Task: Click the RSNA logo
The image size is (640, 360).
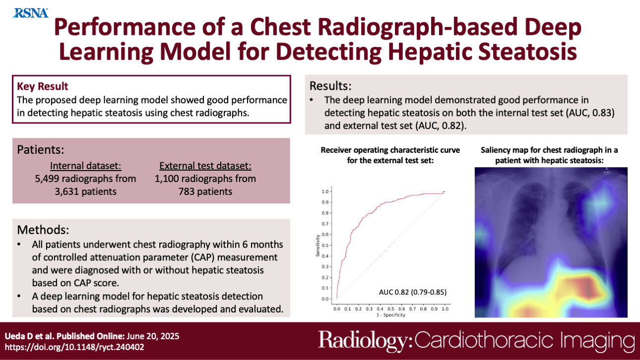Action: (31, 13)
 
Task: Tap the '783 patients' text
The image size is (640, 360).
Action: (205, 191)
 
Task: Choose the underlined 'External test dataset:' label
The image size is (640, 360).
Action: (205, 166)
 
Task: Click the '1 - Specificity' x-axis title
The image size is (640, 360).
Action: (390, 314)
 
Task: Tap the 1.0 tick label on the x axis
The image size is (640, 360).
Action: (445, 308)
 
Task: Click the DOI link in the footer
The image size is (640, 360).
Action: (74, 347)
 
